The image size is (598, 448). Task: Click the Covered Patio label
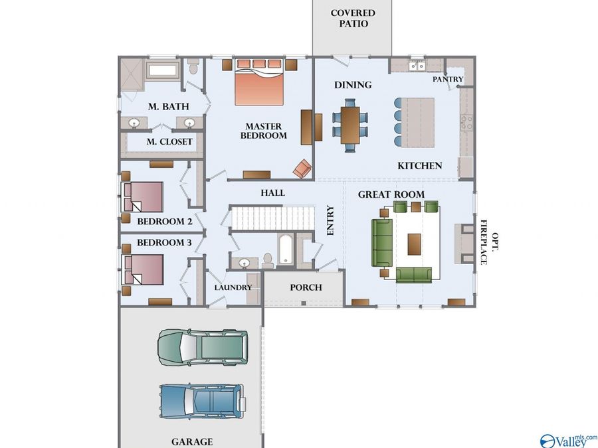pyautogui.click(x=353, y=19)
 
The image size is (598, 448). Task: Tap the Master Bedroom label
pyautogui.click(x=264, y=131)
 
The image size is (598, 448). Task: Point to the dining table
pyautogui.click(x=350, y=125)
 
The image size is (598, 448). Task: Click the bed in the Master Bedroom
pyautogui.click(x=259, y=82)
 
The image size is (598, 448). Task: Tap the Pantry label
pyautogui.click(x=448, y=79)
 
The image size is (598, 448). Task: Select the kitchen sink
pyautogui.click(x=417, y=66)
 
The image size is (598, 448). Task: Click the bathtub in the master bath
pyautogui.click(x=163, y=70)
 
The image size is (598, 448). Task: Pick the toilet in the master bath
pyautogui.click(x=193, y=67)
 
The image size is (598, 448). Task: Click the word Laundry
pyautogui.click(x=233, y=287)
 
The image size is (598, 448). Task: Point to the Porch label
pyautogui.click(x=306, y=287)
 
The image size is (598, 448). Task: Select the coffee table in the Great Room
pyautogui.click(x=414, y=244)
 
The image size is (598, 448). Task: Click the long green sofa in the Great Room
pyautogui.click(x=382, y=243)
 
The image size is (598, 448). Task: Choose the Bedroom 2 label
pyautogui.click(x=165, y=221)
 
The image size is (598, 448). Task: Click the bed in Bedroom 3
pyautogui.click(x=142, y=269)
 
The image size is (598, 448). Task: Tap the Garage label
pyautogui.click(x=192, y=442)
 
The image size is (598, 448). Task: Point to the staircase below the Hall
pyautogui.click(x=272, y=218)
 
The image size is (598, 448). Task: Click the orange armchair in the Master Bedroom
pyautogui.click(x=302, y=169)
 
